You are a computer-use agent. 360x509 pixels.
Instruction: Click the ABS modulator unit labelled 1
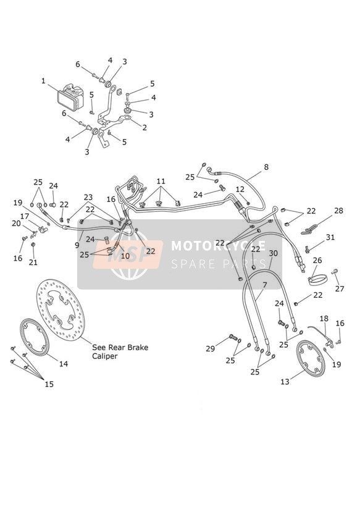70,98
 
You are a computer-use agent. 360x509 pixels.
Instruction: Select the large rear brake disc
61,311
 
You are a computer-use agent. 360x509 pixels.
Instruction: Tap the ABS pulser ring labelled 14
35,337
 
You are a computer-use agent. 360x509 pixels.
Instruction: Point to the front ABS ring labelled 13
311,358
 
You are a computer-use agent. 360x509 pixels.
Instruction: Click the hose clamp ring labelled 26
317,280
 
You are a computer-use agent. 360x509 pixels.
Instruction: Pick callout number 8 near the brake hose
266,167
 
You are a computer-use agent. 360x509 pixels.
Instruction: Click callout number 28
338,211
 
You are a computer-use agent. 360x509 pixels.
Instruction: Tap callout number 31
330,237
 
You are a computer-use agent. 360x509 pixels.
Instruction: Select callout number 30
274,253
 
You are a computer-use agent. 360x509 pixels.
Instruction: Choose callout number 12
240,189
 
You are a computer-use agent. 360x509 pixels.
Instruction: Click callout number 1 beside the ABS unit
43,81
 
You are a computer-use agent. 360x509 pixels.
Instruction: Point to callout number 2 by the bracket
144,128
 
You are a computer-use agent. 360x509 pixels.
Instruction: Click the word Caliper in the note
104,356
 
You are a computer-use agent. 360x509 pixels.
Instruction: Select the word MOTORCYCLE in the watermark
218,246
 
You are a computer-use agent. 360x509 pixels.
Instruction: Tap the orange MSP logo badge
128,254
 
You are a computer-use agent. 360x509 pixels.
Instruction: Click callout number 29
210,348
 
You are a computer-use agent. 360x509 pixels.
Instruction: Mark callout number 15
49,384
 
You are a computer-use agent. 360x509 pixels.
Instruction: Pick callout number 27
339,288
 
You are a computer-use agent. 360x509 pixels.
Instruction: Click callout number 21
33,263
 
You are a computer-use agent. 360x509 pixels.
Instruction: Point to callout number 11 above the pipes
161,181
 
